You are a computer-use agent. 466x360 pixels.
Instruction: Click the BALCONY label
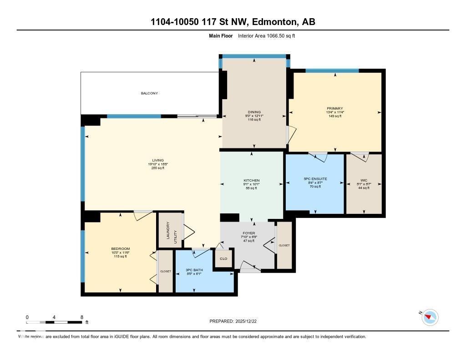149,93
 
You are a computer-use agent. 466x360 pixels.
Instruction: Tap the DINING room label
254,112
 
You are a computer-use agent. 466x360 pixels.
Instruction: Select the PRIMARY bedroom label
334,108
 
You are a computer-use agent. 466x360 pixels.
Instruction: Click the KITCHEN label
251,181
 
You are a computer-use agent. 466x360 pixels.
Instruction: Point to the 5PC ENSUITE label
314,179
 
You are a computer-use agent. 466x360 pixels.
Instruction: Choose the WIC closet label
363,179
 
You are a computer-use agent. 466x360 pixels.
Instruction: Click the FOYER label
248,233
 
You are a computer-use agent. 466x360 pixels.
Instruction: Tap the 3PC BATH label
194,270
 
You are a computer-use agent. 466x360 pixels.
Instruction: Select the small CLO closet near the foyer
223,259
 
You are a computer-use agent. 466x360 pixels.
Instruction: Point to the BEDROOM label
121,248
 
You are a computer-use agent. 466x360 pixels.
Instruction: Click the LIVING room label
155,160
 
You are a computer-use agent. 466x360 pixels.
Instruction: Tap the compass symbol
430,317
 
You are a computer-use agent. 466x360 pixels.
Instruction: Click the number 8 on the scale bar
81,317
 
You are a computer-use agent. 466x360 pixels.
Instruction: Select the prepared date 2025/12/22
248,321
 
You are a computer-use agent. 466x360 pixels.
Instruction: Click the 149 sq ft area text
334,117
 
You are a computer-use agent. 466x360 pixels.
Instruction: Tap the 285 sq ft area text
155,168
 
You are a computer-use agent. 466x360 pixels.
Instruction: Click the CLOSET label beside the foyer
284,245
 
